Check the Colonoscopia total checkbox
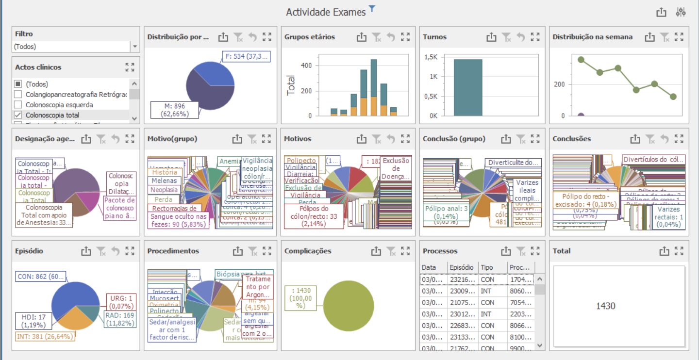18,115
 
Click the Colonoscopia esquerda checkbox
18,104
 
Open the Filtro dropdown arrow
134,47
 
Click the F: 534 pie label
246,56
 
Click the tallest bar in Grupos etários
374,87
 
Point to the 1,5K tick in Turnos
431,57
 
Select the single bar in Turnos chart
468,87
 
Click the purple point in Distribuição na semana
581,116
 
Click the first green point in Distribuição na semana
581,60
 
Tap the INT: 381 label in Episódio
45,336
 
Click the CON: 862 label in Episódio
40,277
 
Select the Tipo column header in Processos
486,267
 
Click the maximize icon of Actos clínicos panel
130,67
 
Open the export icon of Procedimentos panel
237,251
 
